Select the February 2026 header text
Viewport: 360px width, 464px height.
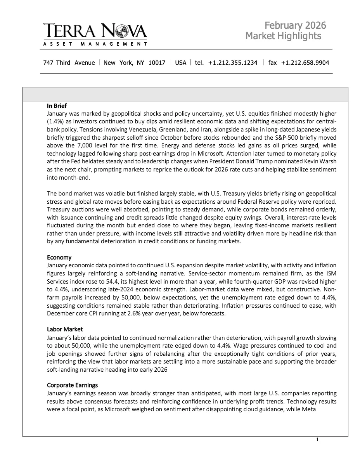[x=295, y=26]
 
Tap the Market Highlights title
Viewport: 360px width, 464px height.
[x=283, y=36]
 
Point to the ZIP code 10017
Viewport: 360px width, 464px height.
[x=157, y=62]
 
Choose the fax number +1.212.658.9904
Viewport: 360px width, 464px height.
[x=305, y=62]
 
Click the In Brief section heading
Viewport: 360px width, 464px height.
[x=57, y=106]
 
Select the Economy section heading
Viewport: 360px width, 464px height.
[x=59, y=257]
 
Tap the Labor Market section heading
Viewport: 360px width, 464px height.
[x=64, y=329]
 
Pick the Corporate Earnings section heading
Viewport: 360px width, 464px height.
[x=72, y=385]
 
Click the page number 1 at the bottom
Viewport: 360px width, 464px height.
[x=317, y=440]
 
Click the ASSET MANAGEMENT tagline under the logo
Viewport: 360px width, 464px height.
[x=95, y=44]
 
